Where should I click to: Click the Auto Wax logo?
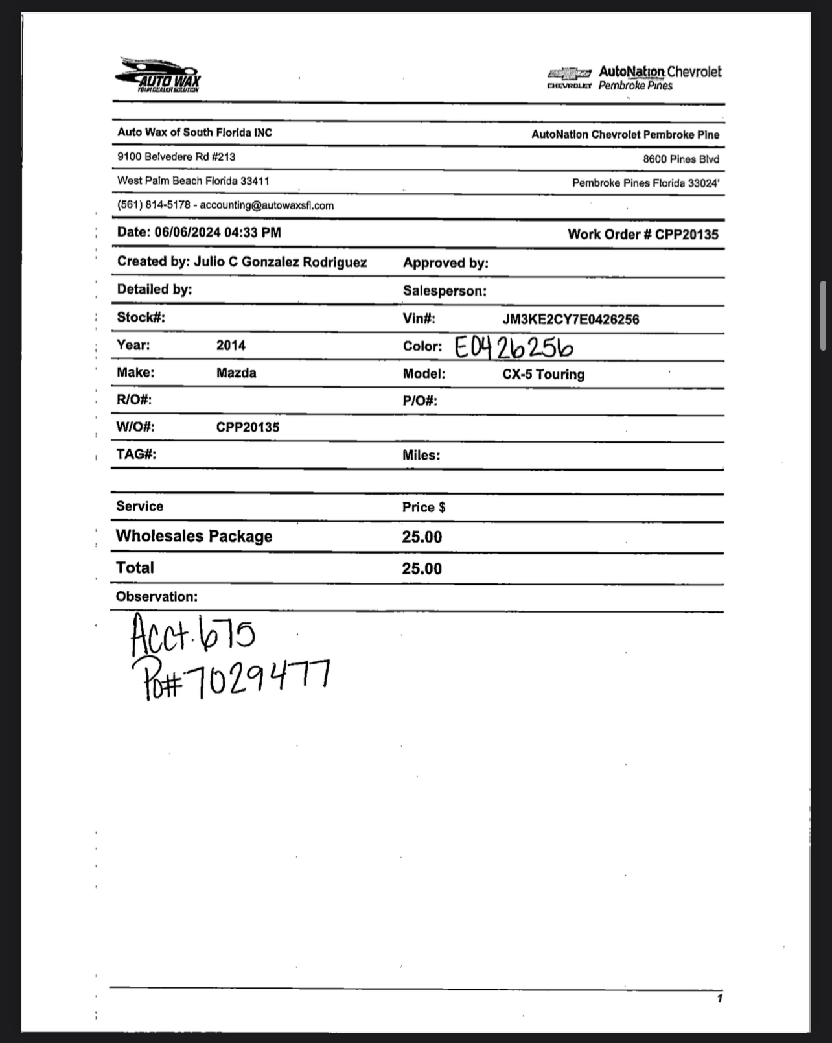click(159, 75)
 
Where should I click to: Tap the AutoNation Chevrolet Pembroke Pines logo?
click(634, 78)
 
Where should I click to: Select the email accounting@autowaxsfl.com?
click(267, 205)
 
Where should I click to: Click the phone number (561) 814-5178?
click(154, 205)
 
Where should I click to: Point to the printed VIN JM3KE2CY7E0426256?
click(570, 319)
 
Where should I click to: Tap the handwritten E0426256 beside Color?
click(513, 347)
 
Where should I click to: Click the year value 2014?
click(231, 345)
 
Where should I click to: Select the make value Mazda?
click(236, 373)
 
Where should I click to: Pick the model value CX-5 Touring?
click(543, 374)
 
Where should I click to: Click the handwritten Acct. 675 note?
click(192, 635)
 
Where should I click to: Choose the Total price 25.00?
click(421, 568)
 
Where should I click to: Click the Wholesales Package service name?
click(194, 536)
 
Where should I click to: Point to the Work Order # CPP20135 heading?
click(643, 235)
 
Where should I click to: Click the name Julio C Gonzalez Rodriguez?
click(280, 262)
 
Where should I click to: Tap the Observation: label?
click(156, 596)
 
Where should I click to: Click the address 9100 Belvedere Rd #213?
click(176, 157)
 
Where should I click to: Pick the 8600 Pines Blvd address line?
click(680, 159)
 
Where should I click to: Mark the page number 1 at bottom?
click(719, 998)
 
